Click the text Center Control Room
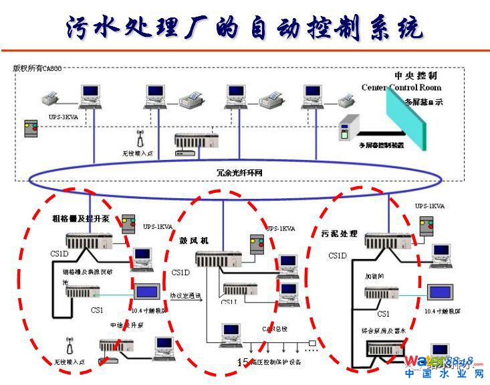click(401, 87)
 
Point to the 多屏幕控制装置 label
click(381, 145)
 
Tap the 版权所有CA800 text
click(37, 68)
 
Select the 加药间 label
click(374, 275)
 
